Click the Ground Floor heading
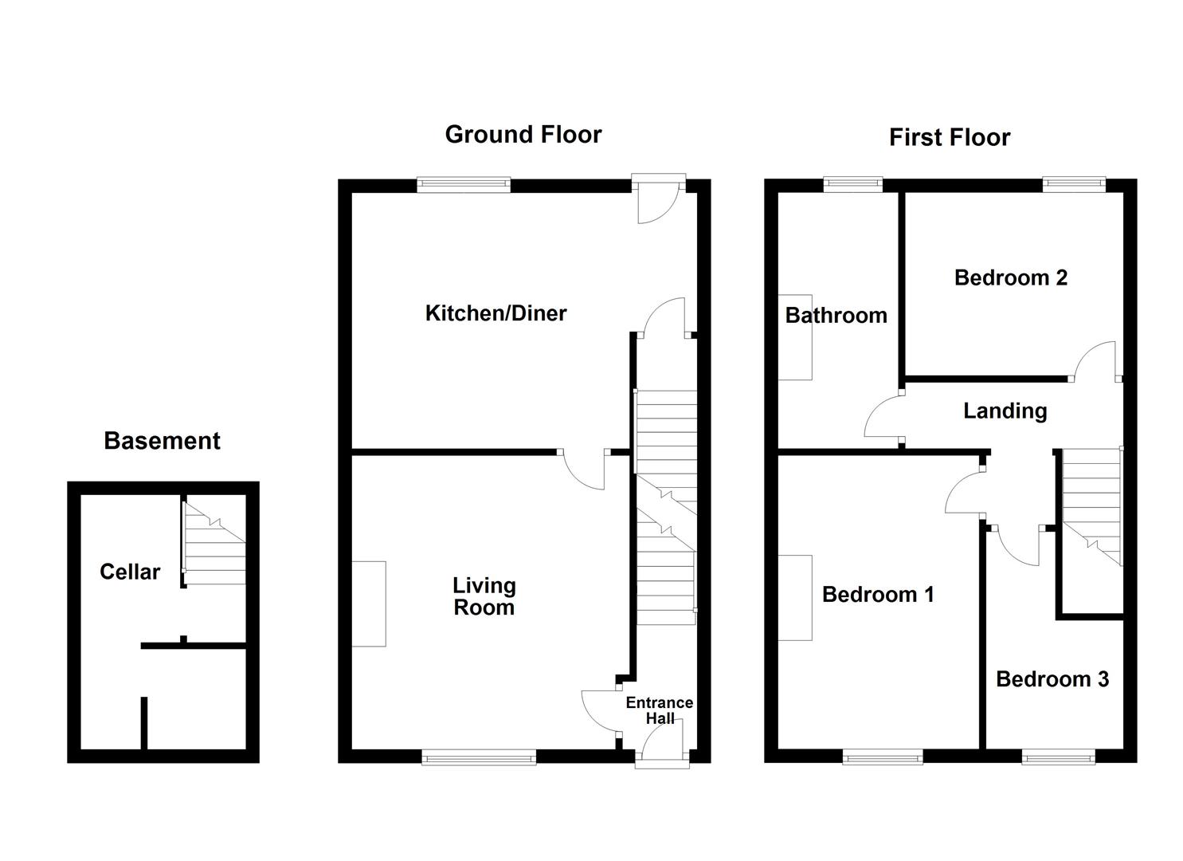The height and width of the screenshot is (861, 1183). point(523,135)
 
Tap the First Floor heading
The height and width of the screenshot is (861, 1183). point(949,138)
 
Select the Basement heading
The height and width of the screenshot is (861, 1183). point(162,441)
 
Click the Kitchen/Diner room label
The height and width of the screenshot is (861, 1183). point(496,313)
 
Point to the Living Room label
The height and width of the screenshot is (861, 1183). point(484,596)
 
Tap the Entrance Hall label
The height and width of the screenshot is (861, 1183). point(659,710)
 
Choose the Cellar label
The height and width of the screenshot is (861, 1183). point(130,572)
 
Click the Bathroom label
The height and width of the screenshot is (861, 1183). point(836,316)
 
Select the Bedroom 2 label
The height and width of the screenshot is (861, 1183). point(1010,278)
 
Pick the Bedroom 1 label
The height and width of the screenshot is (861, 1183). point(877,595)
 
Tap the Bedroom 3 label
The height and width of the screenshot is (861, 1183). point(1052,679)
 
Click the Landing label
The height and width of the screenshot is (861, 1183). point(1005,411)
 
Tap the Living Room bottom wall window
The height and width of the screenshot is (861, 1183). point(479,757)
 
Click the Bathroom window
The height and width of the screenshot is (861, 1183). point(853,184)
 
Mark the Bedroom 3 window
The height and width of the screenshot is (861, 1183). point(1058,757)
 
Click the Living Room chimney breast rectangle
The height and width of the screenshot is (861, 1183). point(370,603)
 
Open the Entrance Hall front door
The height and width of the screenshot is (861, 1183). point(661,753)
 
